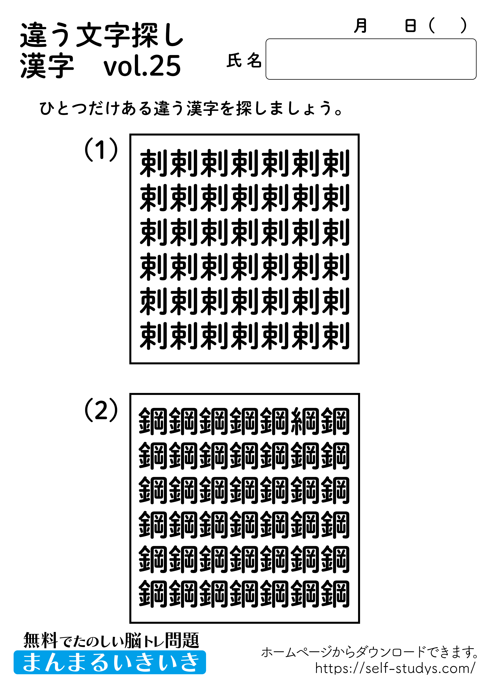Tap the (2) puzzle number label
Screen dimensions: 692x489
point(101,410)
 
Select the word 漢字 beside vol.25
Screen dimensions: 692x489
point(47,66)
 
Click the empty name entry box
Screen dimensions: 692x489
point(370,59)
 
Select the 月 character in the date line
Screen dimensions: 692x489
point(360,26)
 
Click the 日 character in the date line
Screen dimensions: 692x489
point(410,26)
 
